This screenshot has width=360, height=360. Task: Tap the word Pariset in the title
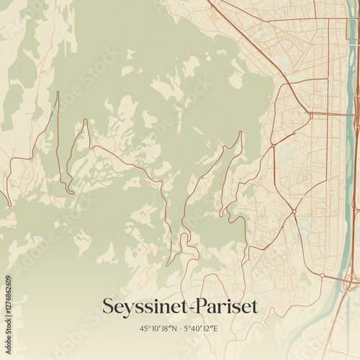pos(222,306)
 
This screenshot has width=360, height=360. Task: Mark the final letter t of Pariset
pos(253,306)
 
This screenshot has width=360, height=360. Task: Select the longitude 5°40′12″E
pos(201,329)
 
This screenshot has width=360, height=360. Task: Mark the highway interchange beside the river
pos(351,279)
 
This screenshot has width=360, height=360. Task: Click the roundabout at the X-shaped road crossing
pos(294,211)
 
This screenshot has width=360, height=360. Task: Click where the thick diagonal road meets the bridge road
pos(310,113)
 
